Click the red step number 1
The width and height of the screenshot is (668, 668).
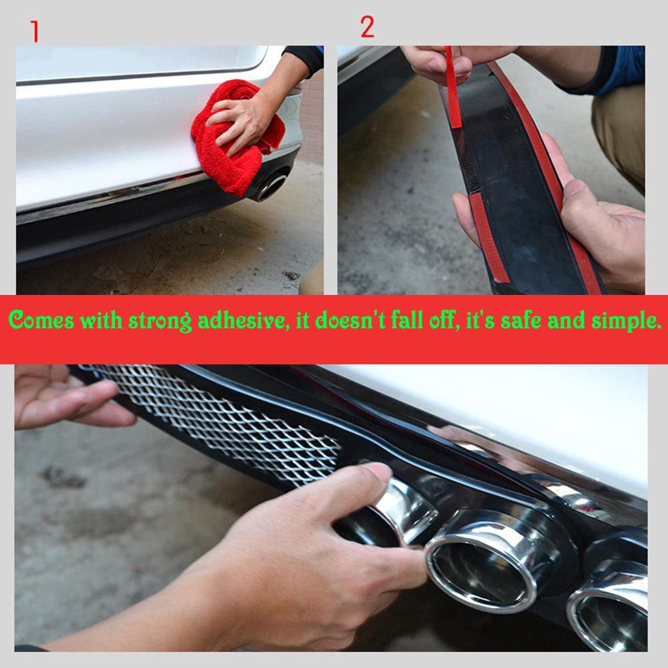point(35,31)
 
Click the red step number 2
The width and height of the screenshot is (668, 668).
point(367,27)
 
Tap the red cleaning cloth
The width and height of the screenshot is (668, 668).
point(234,136)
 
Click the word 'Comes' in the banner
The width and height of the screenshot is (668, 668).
point(41,320)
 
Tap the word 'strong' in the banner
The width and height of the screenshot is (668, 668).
point(160,321)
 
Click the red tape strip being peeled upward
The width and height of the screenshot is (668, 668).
point(453,87)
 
